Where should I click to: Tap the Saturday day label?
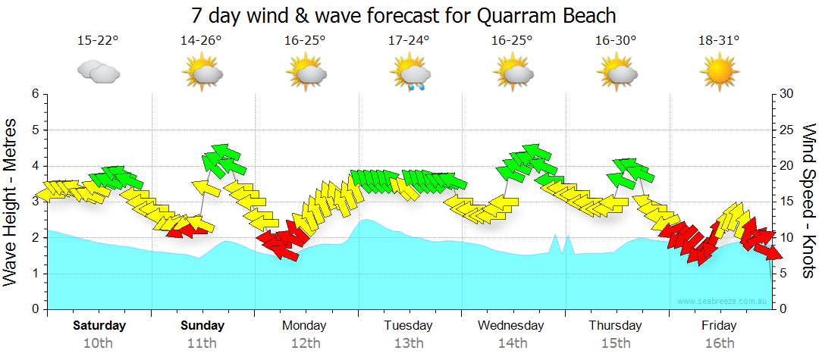(99, 325)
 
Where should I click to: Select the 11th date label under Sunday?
(202, 343)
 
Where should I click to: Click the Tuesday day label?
(408, 325)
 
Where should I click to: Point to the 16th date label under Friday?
(719, 343)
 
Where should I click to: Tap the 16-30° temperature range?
(615, 40)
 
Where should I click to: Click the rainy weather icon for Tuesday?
(411, 74)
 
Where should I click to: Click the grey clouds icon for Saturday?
(98, 73)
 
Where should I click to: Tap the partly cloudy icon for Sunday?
(202, 74)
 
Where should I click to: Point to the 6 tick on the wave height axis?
(34, 94)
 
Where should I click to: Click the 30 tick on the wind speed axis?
(785, 94)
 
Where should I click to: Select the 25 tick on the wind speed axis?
(785, 130)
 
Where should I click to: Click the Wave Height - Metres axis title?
(11, 202)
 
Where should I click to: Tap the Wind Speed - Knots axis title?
(808, 202)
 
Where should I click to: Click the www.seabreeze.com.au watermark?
(723, 302)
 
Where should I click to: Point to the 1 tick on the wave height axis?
(34, 274)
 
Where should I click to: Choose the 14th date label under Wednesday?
(512, 343)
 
